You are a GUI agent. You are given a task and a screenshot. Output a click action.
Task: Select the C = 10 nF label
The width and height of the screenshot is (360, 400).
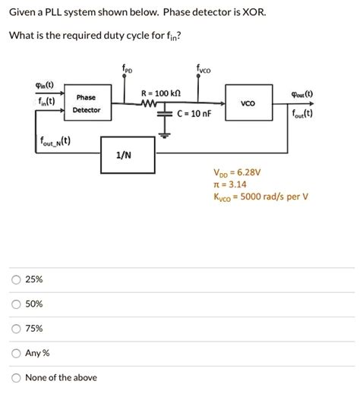[195, 115]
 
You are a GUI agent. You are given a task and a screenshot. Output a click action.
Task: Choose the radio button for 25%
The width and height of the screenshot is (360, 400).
[16, 279]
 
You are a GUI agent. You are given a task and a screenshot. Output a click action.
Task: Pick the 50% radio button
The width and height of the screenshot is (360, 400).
[16, 304]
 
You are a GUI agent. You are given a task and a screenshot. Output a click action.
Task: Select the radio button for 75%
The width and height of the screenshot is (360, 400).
[16, 329]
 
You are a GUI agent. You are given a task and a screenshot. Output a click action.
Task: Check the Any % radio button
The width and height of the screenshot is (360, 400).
[16, 353]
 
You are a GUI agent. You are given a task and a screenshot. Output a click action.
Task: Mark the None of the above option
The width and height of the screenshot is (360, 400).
[16, 377]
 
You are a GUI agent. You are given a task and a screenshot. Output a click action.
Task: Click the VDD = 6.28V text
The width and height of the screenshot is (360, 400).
[238, 172]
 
